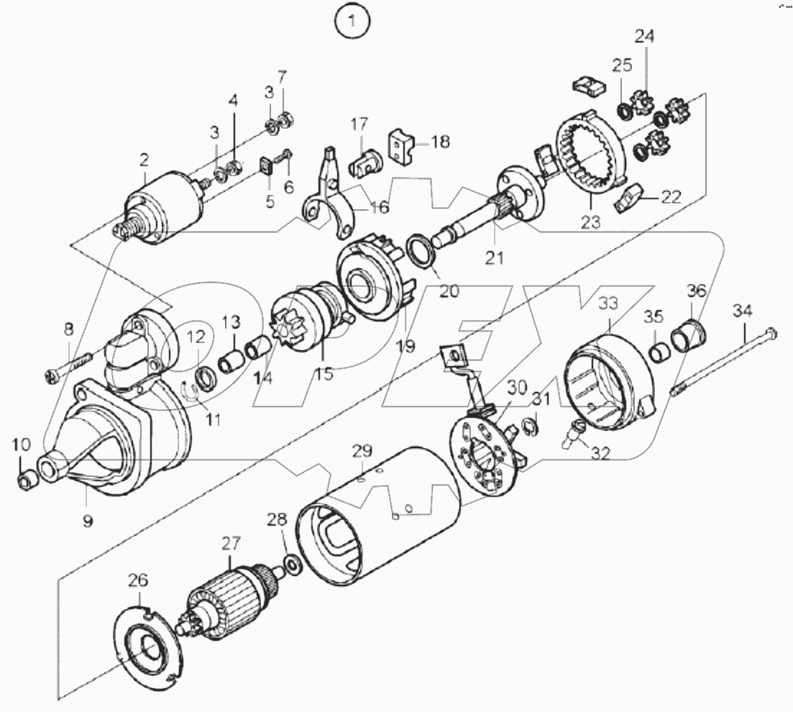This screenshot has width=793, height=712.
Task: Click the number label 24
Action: click(x=644, y=36)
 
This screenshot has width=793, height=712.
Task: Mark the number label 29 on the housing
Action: click(x=362, y=451)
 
